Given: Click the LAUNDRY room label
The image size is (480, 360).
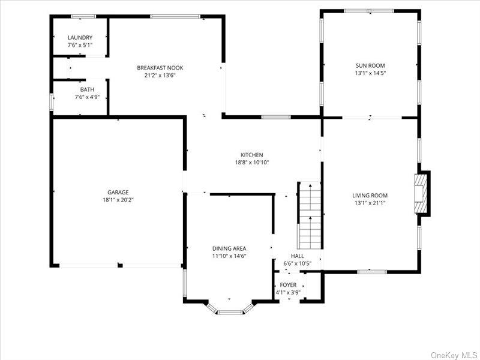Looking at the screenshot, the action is (80, 38).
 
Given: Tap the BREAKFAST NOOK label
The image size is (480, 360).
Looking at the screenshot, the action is (160, 68).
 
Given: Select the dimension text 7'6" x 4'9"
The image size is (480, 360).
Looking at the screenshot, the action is (87, 97).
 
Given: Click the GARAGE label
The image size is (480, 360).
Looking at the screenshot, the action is (118, 192).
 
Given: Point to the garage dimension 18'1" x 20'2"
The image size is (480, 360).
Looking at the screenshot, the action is (118, 200).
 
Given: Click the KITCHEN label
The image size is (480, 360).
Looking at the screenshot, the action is (251, 155).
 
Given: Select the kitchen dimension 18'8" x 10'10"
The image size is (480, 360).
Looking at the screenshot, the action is (251, 163).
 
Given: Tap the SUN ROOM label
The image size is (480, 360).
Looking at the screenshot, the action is (370, 65).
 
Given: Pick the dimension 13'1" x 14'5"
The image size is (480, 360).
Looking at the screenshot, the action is (370, 73).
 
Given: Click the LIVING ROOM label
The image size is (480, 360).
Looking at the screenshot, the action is (370, 196).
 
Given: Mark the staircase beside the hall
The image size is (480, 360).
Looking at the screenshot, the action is (310, 215).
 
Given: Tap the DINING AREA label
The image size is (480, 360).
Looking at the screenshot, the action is (229, 248).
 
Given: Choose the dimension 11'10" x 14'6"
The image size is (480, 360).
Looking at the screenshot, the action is (229, 256).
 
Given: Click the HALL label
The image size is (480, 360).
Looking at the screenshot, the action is (297, 256).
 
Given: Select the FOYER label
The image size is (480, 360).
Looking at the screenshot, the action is (288, 285).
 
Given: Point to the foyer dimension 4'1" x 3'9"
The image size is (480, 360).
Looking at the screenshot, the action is (288, 293).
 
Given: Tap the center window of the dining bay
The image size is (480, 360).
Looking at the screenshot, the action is (230, 312).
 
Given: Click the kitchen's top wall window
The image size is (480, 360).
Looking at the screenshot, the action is (276, 117).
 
